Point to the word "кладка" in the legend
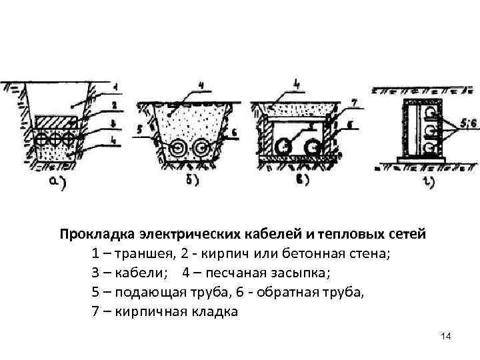click(215, 311)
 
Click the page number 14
click(446, 337)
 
